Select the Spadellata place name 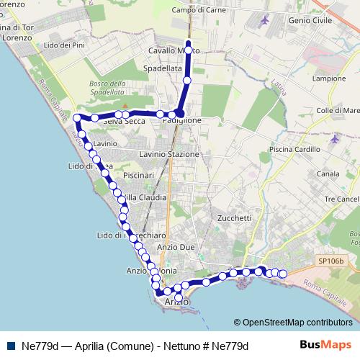[162, 67]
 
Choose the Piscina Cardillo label [292, 149]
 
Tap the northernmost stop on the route [188, 44]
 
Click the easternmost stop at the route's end [283, 274]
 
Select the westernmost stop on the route [77, 117]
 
